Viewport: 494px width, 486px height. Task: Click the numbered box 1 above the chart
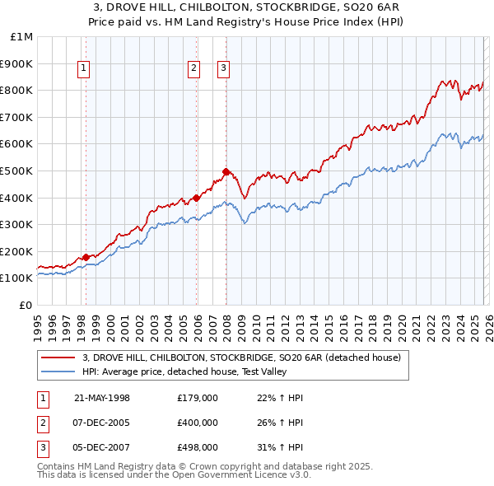tap(86, 69)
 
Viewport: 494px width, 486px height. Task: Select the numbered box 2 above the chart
tap(194, 69)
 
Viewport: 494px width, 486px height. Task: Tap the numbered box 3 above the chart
tap(224, 69)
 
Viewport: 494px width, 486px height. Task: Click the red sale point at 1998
tap(86, 257)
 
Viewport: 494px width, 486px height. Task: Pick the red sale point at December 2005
tap(196, 198)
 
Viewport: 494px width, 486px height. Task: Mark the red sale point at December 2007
tap(226, 171)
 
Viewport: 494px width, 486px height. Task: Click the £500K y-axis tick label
tap(17, 171)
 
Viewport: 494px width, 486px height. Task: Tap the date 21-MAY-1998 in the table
tap(102, 398)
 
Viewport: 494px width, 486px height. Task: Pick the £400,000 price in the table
tap(198, 423)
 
